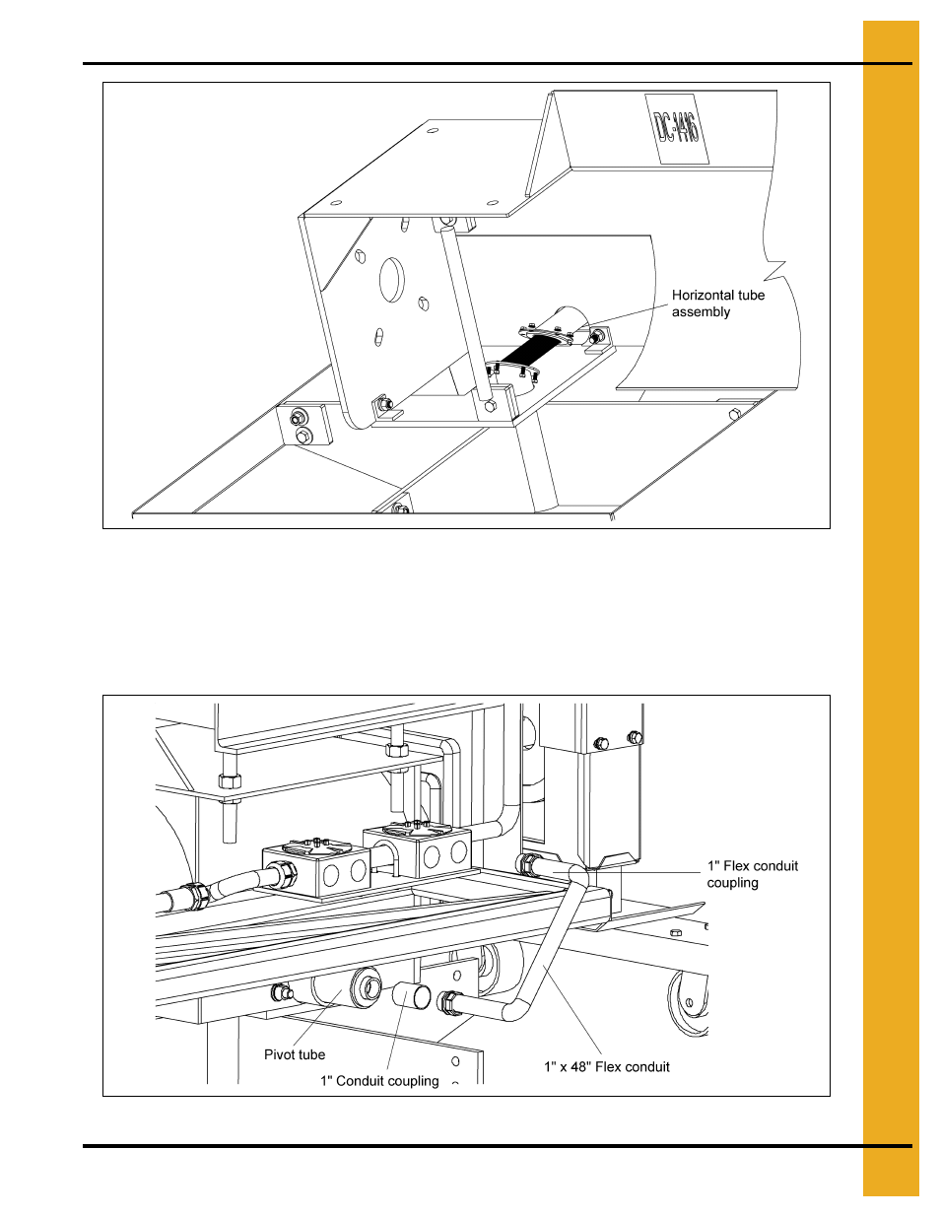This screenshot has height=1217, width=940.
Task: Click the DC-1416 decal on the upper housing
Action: tap(676, 128)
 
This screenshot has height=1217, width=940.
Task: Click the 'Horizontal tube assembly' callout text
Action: tap(717, 304)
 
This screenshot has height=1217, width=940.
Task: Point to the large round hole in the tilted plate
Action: tap(392, 281)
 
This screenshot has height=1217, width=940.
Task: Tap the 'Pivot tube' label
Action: tap(294, 1054)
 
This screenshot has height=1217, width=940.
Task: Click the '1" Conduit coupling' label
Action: tap(379, 1081)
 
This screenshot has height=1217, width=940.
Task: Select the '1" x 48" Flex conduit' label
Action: tap(606, 1066)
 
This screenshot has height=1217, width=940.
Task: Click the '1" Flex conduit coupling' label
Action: tap(752, 874)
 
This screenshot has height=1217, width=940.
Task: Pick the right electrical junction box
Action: tap(418, 850)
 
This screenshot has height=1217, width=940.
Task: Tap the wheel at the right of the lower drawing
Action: tap(690, 1003)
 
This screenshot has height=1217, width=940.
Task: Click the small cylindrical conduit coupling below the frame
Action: tap(412, 994)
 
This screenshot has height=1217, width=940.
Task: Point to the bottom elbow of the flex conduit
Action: tap(515, 1010)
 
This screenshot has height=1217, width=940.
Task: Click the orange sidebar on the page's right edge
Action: tap(891, 608)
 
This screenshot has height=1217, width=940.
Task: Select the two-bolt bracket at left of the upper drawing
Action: tap(301, 427)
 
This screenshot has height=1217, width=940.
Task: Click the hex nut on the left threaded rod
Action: tap(229, 780)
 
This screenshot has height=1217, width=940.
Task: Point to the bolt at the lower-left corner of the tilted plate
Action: tap(383, 404)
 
